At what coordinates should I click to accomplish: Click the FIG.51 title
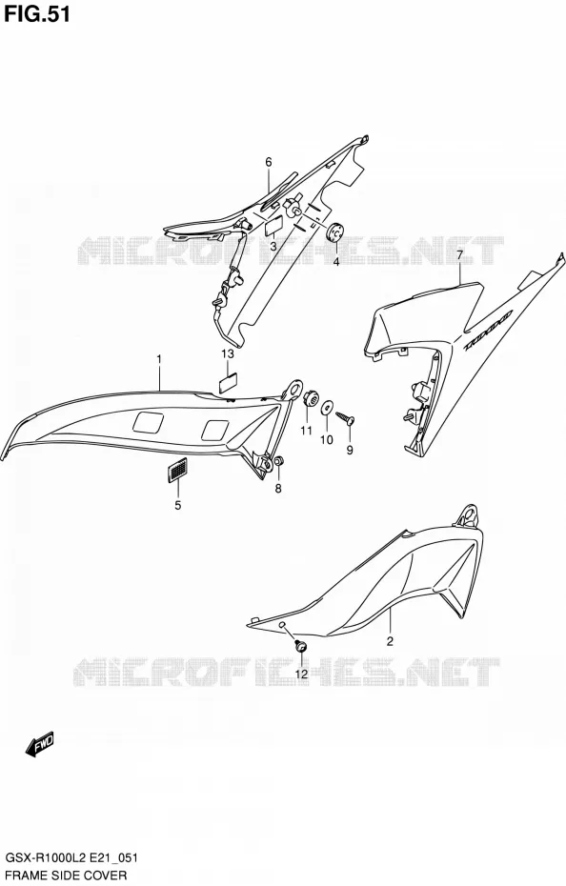click(37, 14)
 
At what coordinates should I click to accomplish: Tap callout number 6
click(269, 162)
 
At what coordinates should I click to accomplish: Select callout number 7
click(459, 255)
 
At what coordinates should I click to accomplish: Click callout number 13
click(228, 353)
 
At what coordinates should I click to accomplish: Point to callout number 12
click(301, 674)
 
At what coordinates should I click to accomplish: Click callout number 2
click(390, 641)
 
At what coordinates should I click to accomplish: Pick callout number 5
click(177, 505)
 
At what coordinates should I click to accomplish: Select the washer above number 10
click(327, 408)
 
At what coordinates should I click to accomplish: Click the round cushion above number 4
click(335, 232)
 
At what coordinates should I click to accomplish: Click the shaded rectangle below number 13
click(228, 382)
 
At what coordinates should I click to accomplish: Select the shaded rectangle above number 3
click(273, 226)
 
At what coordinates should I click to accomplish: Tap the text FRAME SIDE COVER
click(66, 876)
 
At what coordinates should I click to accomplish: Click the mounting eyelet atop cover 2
click(468, 515)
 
